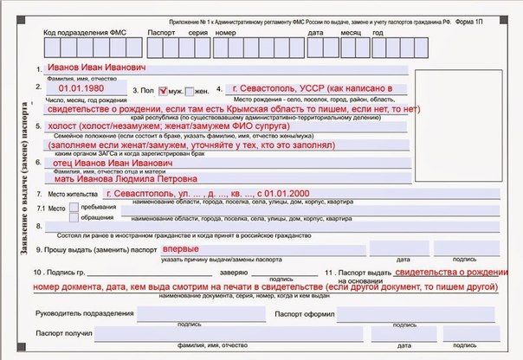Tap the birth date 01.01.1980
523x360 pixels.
click(82, 88)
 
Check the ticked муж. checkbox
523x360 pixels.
click(161, 90)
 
